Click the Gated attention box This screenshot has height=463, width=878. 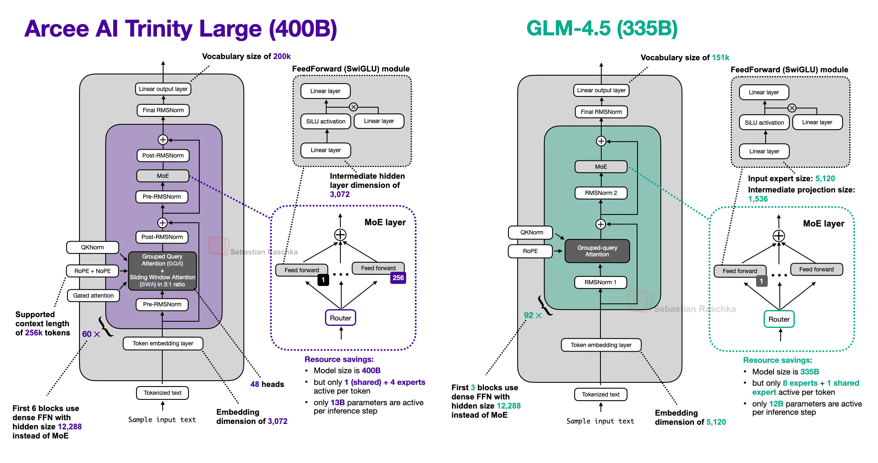[93, 296]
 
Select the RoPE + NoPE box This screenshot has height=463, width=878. [92, 271]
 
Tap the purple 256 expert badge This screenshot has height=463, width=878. [398, 278]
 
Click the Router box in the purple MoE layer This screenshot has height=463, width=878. [340, 318]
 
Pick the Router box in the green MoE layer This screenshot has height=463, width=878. [779, 319]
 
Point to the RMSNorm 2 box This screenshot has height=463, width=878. [600, 193]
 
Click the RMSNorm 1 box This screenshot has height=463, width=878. [600, 282]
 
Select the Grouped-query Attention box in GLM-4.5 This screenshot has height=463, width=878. [597, 251]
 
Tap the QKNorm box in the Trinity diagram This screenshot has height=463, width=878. [92, 247]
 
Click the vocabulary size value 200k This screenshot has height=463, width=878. [282, 57]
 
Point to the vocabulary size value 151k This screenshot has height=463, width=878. [720, 58]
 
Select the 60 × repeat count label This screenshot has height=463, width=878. [91, 334]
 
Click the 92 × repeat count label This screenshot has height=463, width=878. [532, 315]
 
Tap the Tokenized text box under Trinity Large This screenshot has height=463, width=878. [162, 393]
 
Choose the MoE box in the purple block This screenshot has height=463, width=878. [163, 176]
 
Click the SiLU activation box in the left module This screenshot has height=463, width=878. [325, 121]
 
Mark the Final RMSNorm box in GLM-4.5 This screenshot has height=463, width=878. [601, 112]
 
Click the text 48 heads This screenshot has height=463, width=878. [267, 384]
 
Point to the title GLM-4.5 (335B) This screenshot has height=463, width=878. [602, 29]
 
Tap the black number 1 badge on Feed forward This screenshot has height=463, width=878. [323, 280]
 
